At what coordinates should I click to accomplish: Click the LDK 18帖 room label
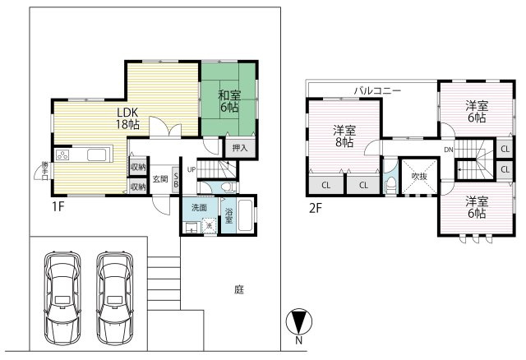[127, 118]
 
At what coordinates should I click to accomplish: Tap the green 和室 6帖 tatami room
[228, 99]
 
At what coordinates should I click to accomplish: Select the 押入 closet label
[240, 148]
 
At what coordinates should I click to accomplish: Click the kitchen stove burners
[62, 155]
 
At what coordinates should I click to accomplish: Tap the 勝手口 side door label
[45, 171]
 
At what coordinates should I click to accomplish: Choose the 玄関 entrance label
[160, 179]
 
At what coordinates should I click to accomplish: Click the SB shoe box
[176, 180]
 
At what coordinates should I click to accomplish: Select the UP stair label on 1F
[191, 170]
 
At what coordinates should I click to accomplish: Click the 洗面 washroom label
[199, 208]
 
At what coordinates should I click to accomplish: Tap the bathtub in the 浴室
[245, 215]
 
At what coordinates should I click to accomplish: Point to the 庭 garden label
[239, 289]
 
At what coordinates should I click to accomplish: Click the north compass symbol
[298, 321]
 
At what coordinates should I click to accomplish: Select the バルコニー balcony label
[377, 90]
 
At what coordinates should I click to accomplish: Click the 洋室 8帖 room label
[344, 136]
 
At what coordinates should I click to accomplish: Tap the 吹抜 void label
[419, 176]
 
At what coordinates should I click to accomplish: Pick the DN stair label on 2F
[449, 150]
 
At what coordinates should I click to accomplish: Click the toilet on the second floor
[390, 184]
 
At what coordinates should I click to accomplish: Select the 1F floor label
[58, 206]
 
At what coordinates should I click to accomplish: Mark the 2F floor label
[316, 209]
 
